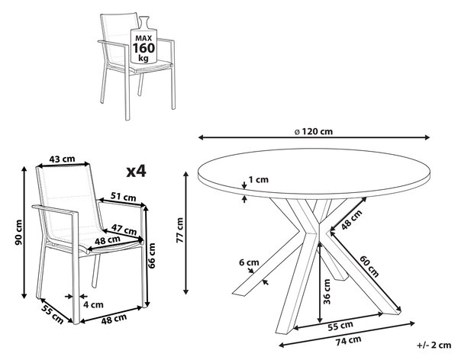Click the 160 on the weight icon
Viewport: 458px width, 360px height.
144,48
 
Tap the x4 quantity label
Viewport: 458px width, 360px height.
136,172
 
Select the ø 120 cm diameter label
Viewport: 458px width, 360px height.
314,131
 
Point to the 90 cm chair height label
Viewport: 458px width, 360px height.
18,233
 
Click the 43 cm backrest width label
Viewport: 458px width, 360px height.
63,159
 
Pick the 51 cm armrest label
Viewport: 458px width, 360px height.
124,197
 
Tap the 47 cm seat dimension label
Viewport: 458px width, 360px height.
124,229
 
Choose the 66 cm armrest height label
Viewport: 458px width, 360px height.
152,256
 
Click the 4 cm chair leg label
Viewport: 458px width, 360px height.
93,304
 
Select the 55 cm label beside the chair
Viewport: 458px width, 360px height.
52,314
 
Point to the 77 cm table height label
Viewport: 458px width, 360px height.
179,230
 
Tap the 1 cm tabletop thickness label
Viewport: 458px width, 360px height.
259,179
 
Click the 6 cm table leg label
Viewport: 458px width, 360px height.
249,262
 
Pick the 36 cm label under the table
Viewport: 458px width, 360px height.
327,291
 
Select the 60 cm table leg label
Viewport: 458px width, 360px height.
369,266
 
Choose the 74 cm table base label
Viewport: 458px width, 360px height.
348,341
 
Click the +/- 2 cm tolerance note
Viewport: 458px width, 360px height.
434,345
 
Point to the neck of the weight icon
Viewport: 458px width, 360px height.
144,23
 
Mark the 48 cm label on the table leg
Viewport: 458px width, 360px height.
352,220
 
